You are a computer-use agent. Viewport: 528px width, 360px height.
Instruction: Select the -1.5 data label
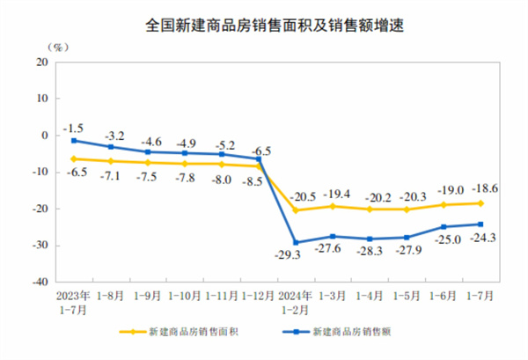point(78,128)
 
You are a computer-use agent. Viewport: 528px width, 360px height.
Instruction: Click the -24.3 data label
point(484,237)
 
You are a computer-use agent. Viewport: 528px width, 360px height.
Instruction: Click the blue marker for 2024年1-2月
point(296,242)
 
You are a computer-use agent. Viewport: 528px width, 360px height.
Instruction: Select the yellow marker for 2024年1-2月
point(296,210)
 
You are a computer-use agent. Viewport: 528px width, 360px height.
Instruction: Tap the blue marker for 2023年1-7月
point(74,141)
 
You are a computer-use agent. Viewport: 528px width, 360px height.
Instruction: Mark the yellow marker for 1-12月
point(259,166)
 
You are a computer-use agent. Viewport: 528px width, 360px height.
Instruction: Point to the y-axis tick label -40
point(40,283)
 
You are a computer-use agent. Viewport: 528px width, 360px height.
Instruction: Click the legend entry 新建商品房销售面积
point(184,333)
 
